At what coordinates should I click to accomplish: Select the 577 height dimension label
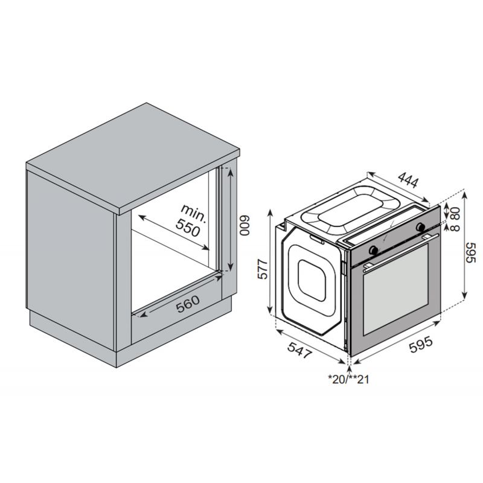click(263, 269)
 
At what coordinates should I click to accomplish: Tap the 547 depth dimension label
click(299, 351)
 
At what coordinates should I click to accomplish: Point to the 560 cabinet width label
click(188, 304)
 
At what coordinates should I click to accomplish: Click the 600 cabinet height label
click(245, 226)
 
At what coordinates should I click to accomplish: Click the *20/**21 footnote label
click(349, 379)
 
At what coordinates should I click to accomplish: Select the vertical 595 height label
click(470, 252)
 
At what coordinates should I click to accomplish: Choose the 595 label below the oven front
click(421, 344)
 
